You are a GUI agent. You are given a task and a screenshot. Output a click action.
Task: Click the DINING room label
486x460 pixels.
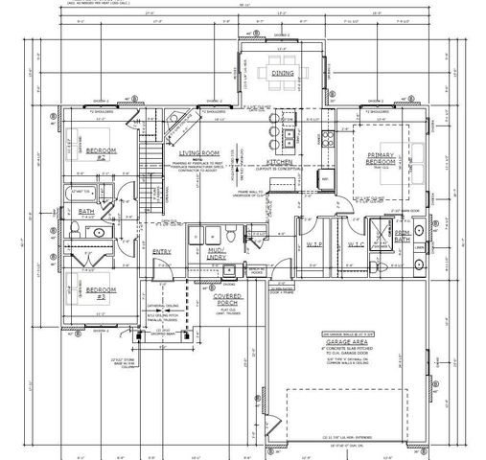282,72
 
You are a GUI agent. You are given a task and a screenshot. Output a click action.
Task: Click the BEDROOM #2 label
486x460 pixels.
101,153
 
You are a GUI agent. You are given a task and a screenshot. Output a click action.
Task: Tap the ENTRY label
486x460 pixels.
162,251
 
